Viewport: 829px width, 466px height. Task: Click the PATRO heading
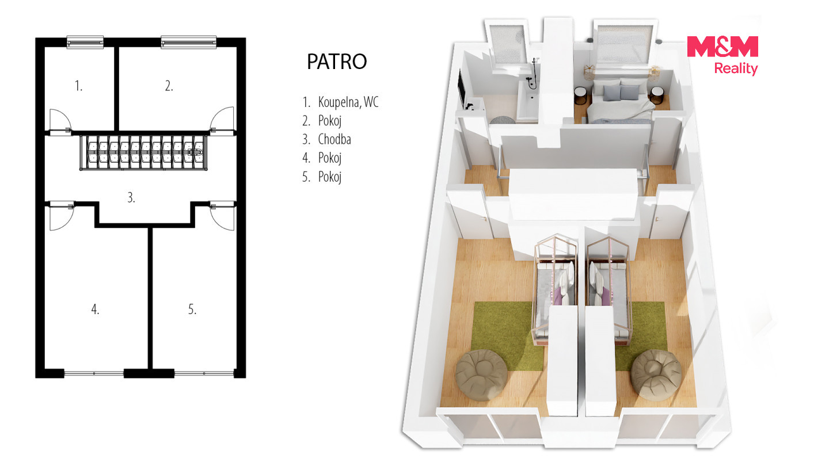click(x=337, y=62)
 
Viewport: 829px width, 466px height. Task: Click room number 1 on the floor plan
click(x=78, y=86)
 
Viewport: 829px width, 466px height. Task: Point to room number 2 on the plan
click(x=169, y=86)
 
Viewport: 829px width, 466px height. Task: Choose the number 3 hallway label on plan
click(x=131, y=197)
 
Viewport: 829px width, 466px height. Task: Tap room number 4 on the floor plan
click(x=95, y=309)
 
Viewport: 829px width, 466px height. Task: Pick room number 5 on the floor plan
click(x=192, y=309)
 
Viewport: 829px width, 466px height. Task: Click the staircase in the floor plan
click(x=143, y=153)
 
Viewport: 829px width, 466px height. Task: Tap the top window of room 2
click(x=188, y=42)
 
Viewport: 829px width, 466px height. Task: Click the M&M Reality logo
click(x=722, y=55)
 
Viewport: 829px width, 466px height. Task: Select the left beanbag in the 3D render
click(x=481, y=375)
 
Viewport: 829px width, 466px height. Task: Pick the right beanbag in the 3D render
click(x=656, y=374)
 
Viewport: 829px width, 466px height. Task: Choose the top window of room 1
click(x=85, y=42)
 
